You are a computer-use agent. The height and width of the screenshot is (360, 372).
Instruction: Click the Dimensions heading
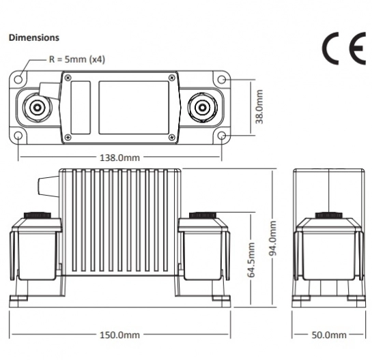point(34,37)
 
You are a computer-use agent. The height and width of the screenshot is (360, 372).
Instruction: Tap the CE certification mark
point(343,48)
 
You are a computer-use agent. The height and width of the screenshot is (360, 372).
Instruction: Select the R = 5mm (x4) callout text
point(77,59)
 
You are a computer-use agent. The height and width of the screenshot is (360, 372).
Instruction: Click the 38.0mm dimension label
point(259,106)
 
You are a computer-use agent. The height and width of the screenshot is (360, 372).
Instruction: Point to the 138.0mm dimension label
point(120,157)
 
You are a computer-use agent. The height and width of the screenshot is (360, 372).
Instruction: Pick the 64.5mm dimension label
point(251,260)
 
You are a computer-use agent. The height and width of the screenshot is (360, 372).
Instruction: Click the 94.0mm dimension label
point(272,239)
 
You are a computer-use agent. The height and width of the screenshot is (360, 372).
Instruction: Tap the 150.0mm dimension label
point(120,335)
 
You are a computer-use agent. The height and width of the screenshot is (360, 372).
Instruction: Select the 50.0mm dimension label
point(329,335)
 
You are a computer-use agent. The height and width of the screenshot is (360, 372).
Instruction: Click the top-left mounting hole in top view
point(18,78)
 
